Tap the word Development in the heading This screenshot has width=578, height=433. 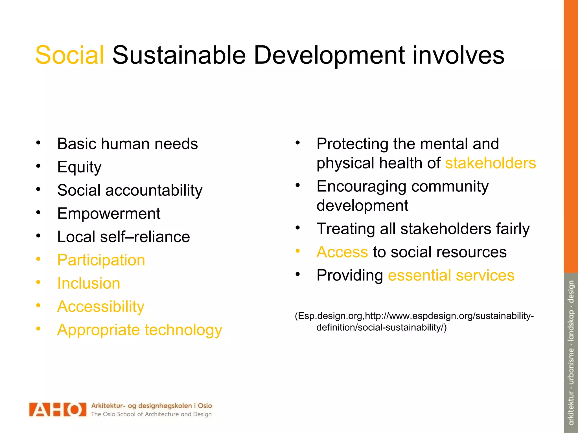coord(329,56)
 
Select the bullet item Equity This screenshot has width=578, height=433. coord(79,167)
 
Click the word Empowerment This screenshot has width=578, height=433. coord(109,214)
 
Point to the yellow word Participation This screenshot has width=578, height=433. coord(101,260)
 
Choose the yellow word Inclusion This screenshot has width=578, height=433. coord(89,283)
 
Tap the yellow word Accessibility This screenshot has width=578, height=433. coord(101,307)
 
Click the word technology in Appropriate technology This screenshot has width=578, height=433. coord(183,330)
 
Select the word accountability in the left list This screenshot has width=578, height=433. coord(154,191)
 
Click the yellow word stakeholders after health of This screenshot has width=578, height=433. coord(490,163)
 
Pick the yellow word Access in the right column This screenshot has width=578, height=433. coord(342,252)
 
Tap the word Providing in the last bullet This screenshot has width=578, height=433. coord(350,275)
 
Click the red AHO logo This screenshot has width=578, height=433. coord(58,410)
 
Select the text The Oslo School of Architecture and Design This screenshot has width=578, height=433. coord(151,414)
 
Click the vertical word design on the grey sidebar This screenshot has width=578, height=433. coord(571,291)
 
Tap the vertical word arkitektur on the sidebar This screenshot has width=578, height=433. coord(571,408)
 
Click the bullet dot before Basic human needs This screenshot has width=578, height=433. coord(38,143)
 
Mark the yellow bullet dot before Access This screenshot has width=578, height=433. coord(297,251)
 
